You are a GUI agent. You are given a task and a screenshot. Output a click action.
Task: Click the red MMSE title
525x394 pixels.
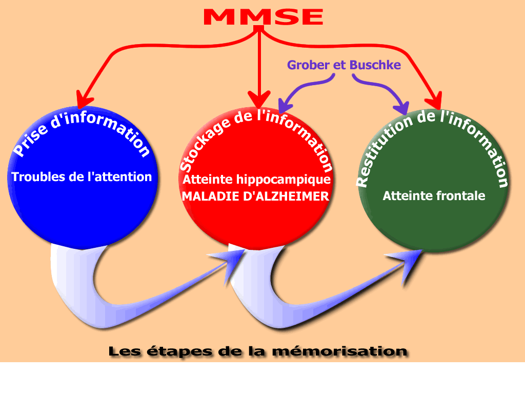[263, 17]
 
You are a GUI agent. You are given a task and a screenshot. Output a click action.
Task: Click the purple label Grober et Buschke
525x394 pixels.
[344, 65]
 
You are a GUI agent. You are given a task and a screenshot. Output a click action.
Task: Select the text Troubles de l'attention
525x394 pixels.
[82, 177]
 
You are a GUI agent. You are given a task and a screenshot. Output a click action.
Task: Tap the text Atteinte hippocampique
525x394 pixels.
[256, 180]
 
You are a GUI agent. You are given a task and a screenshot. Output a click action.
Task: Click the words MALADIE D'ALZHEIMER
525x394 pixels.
[256, 196]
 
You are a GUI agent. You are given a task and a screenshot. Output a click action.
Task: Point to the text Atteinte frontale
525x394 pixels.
[434, 195]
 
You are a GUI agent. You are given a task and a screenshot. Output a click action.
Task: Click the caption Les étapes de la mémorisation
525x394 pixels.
[258, 352]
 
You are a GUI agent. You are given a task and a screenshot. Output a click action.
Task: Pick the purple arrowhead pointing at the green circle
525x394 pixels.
[402, 107]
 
